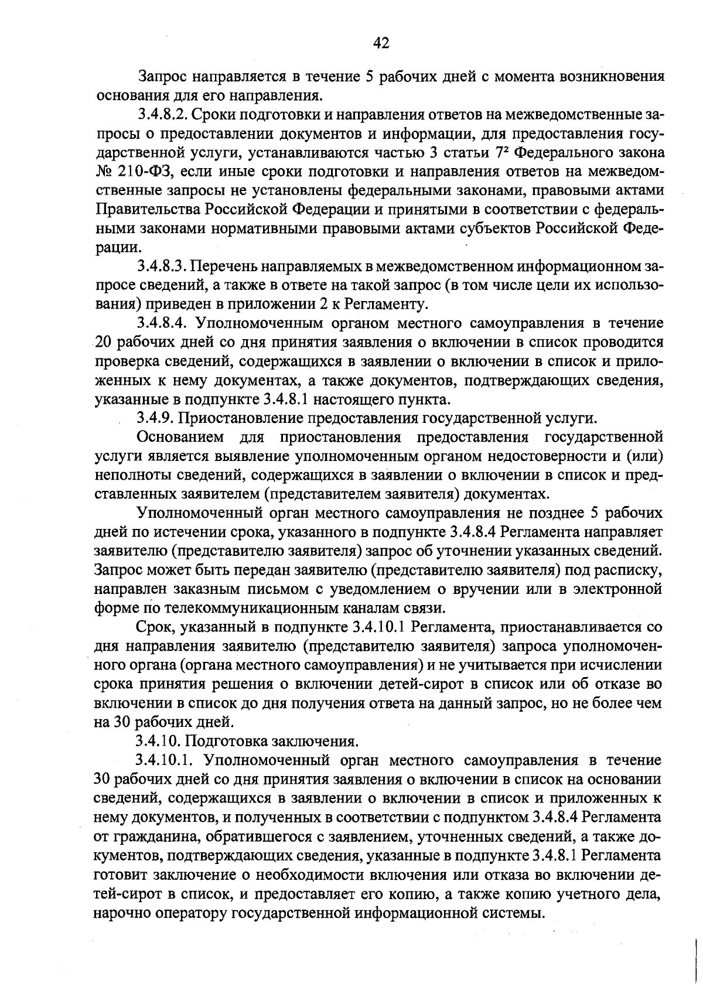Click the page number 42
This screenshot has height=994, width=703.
[381, 43]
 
